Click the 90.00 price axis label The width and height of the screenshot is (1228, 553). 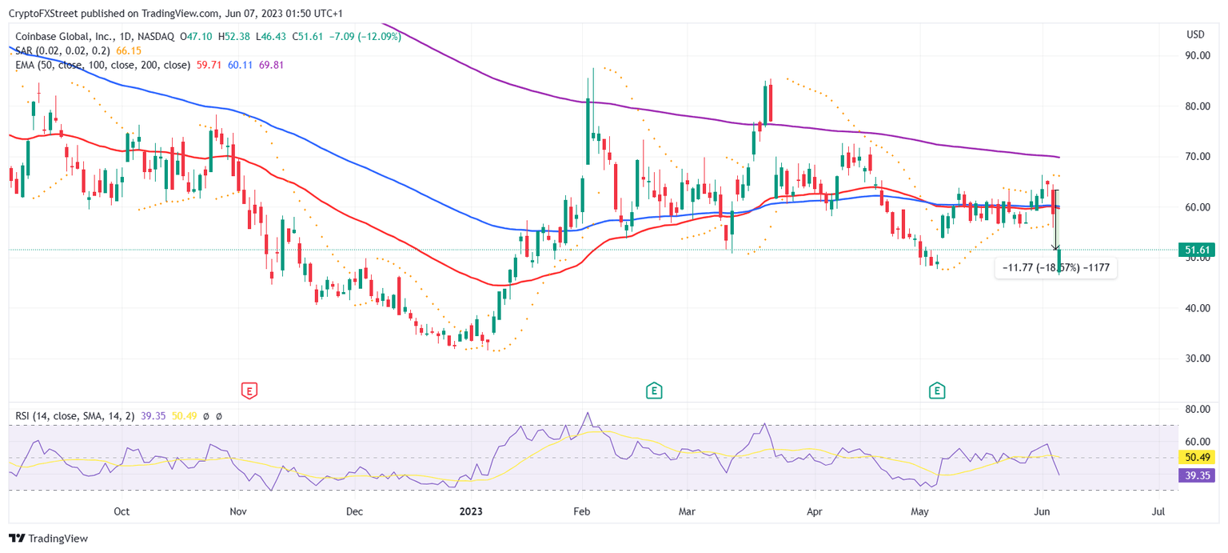tap(1197, 55)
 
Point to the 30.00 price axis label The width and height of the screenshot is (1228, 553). tap(1197, 359)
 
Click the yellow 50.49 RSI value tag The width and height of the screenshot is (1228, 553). tap(1196, 458)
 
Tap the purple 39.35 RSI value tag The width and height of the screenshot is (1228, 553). tap(1196, 475)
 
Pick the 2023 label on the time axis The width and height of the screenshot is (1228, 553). tap(470, 511)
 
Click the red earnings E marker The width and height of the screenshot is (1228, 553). tap(249, 391)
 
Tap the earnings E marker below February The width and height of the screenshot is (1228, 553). tap(654, 391)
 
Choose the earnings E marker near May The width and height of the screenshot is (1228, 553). tap(937, 391)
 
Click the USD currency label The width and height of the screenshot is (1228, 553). tap(1196, 34)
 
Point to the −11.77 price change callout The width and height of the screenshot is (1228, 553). tap(1055, 268)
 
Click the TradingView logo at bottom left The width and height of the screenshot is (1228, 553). tap(49, 539)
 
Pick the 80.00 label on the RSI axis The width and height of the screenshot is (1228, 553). tap(1197, 409)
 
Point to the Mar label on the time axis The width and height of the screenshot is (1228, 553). tap(685, 511)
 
